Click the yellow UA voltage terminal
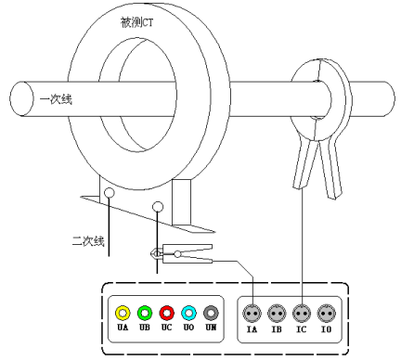(x=123, y=313)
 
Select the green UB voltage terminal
(x=145, y=313)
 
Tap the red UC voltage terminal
(x=167, y=313)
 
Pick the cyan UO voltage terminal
(x=188, y=313)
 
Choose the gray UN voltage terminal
(x=211, y=313)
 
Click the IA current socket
(x=252, y=314)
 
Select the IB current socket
(x=277, y=314)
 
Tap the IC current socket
(x=302, y=314)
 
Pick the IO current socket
(x=327, y=314)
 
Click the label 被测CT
(x=136, y=22)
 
